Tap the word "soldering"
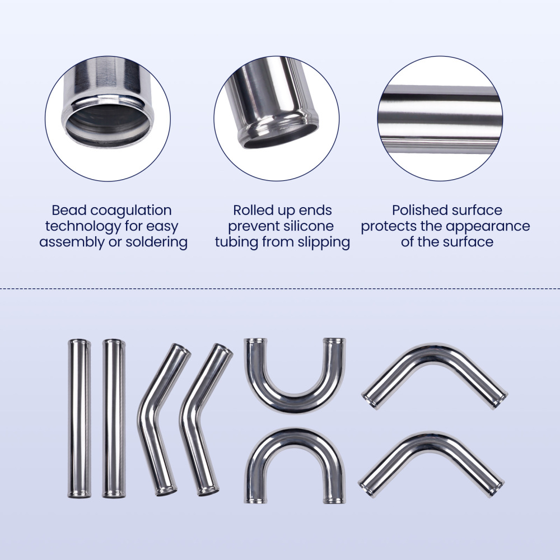pyautogui.click(x=156, y=242)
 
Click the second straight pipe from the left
pyautogui.click(x=114, y=418)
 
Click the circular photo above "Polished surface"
pyautogui.click(x=440, y=118)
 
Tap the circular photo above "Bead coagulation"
pyautogui.click(x=108, y=118)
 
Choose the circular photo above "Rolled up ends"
pyautogui.click(x=276, y=118)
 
